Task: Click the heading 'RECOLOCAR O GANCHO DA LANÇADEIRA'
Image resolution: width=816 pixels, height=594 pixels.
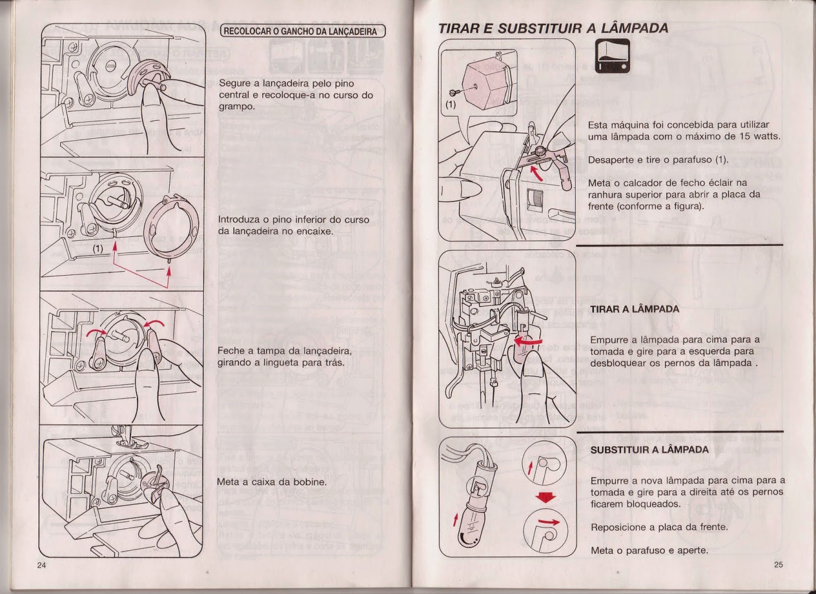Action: (303, 31)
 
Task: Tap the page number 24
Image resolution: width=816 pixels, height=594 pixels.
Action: (42, 564)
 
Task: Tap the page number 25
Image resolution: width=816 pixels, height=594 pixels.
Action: (778, 564)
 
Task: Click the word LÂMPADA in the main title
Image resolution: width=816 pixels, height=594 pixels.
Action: (634, 28)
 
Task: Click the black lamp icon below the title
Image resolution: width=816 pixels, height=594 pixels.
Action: (613, 56)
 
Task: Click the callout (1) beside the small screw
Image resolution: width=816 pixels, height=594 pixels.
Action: (450, 105)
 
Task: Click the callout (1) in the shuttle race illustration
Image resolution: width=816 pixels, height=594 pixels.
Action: (98, 249)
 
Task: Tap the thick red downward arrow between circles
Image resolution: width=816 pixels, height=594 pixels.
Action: (546, 496)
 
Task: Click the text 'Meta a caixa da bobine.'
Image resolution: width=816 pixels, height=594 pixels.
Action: (271, 482)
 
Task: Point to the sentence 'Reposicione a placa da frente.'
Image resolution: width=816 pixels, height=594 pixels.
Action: (659, 527)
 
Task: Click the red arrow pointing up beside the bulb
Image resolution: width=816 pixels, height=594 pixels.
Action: (455, 520)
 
